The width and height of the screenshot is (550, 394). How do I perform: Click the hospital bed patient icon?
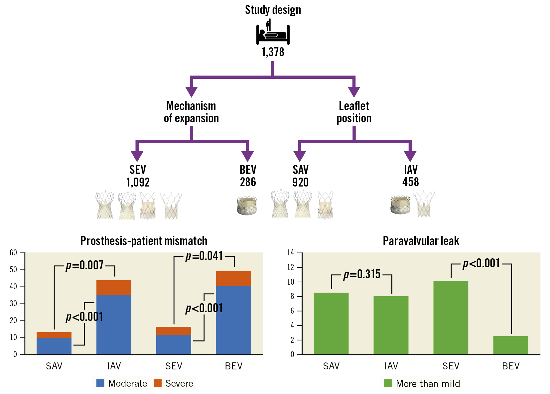coord(273,33)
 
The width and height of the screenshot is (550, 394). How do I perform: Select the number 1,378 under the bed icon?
coord(273,52)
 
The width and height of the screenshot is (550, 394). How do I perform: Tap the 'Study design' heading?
coord(273,10)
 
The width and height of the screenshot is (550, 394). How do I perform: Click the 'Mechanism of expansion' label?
coord(191,112)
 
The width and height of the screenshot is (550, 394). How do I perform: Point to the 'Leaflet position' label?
coord(354,112)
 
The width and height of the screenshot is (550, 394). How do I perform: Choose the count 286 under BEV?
coord(248,182)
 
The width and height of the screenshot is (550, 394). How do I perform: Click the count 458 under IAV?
coord(410,182)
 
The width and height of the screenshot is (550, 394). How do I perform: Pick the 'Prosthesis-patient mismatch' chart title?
coord(144,241)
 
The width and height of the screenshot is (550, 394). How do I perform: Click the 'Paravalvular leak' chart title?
coord(421,241)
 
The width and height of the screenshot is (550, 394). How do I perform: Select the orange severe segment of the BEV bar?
coord(233,279)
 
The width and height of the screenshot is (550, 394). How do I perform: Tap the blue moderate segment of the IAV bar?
coord(114,324)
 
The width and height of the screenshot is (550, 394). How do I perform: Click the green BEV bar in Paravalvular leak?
coord(510,345)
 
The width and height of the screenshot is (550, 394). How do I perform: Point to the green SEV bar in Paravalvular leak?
coord(451,318)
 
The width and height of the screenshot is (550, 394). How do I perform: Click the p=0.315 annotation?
coord(362,274)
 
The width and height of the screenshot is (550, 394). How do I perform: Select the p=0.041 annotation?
coord(204,256)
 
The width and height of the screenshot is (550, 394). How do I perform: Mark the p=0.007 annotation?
coord(85,265)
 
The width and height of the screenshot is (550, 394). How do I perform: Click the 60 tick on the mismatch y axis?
coord(13,253)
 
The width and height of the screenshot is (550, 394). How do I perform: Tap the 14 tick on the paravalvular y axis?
coord(291,253)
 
